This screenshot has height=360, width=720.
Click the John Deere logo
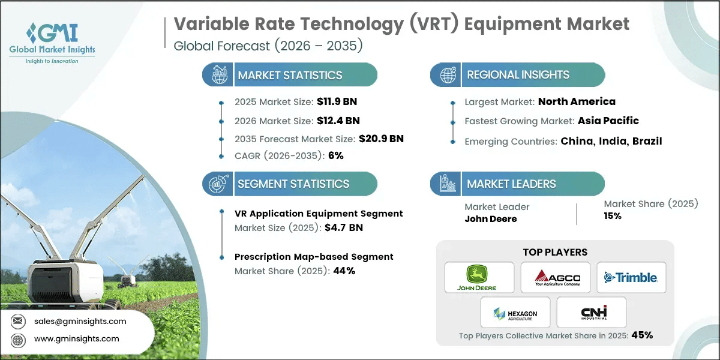479,277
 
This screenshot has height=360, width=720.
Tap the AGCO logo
555,277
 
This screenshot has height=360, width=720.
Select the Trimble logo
631,277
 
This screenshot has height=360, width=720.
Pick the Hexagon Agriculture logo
515,312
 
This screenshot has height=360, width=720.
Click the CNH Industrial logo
591,312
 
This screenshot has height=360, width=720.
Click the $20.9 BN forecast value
381,139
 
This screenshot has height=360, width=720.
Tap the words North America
577,101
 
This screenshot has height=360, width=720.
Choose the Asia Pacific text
608,121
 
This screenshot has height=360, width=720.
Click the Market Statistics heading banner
290,75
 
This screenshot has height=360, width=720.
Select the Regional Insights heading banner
518,75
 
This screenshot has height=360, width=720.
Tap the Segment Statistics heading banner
290,184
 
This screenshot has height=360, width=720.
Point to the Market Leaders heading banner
511,184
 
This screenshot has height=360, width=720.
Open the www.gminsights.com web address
76,338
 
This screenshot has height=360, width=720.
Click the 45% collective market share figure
641,335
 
